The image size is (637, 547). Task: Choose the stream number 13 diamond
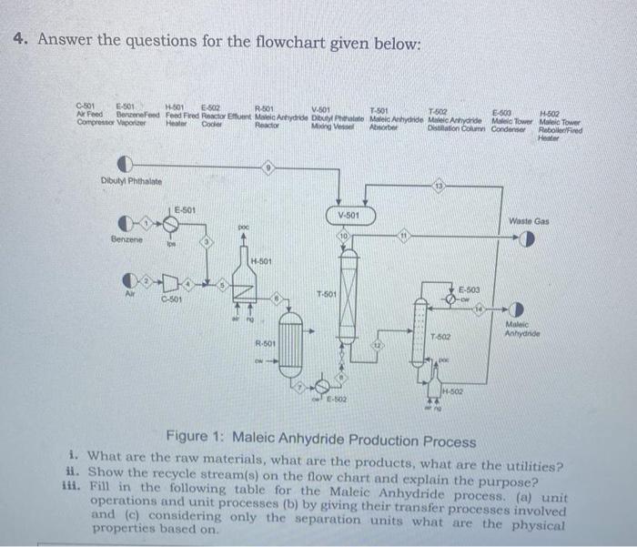[441, 187]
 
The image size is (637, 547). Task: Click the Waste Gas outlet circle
[526, 238]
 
